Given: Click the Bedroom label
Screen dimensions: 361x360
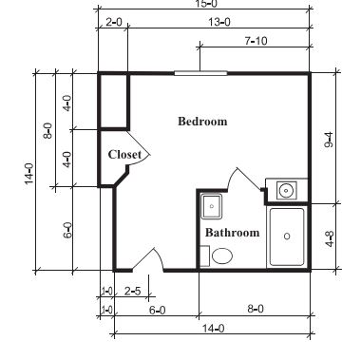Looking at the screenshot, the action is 202,122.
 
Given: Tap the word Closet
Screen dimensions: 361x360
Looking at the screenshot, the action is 124,155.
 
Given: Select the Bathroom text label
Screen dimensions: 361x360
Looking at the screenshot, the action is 232,233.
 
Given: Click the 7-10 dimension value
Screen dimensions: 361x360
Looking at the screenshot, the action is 256,41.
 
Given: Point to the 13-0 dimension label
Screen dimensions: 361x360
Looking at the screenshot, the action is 219,23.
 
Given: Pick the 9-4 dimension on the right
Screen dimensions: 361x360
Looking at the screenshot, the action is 329,140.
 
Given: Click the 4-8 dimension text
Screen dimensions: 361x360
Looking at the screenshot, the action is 329,239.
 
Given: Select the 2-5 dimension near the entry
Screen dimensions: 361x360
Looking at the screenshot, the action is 132,291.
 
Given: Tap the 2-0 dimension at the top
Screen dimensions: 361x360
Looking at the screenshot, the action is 113,23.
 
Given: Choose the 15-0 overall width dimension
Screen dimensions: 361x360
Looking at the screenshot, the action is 207,4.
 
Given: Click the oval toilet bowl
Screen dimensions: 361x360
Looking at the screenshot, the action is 222,256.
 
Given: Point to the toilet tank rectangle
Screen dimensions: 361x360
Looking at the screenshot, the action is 205,256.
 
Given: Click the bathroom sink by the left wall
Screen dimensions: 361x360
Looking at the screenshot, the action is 212,206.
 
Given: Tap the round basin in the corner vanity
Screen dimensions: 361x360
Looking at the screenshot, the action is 286,190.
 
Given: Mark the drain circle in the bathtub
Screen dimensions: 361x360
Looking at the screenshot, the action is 287,237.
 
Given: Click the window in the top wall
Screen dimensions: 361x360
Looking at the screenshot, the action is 200,73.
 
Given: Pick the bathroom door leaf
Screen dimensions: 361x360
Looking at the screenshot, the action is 249,179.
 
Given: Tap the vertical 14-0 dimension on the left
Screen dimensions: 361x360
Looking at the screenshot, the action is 28,173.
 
